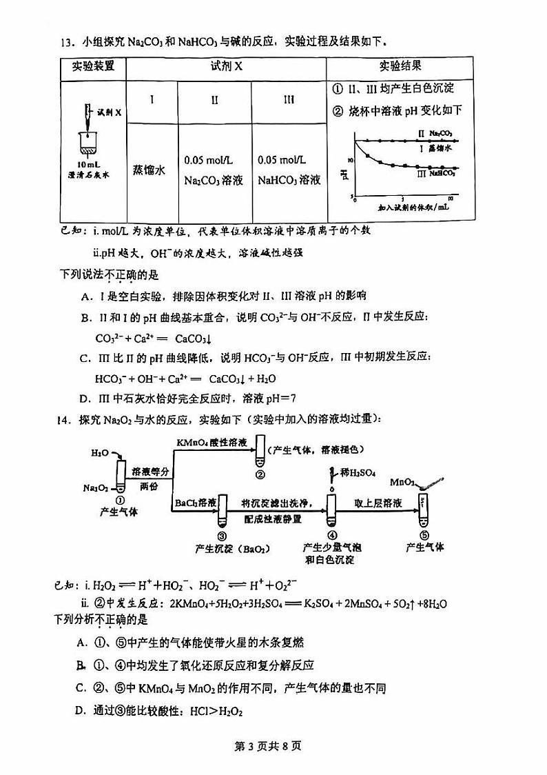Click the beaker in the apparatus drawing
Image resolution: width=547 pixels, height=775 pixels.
90,145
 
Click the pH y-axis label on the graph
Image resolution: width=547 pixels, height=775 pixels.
344,174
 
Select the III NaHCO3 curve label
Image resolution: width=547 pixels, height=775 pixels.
437,174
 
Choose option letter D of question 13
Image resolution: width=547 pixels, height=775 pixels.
84,399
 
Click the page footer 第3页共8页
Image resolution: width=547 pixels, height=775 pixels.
274,745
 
